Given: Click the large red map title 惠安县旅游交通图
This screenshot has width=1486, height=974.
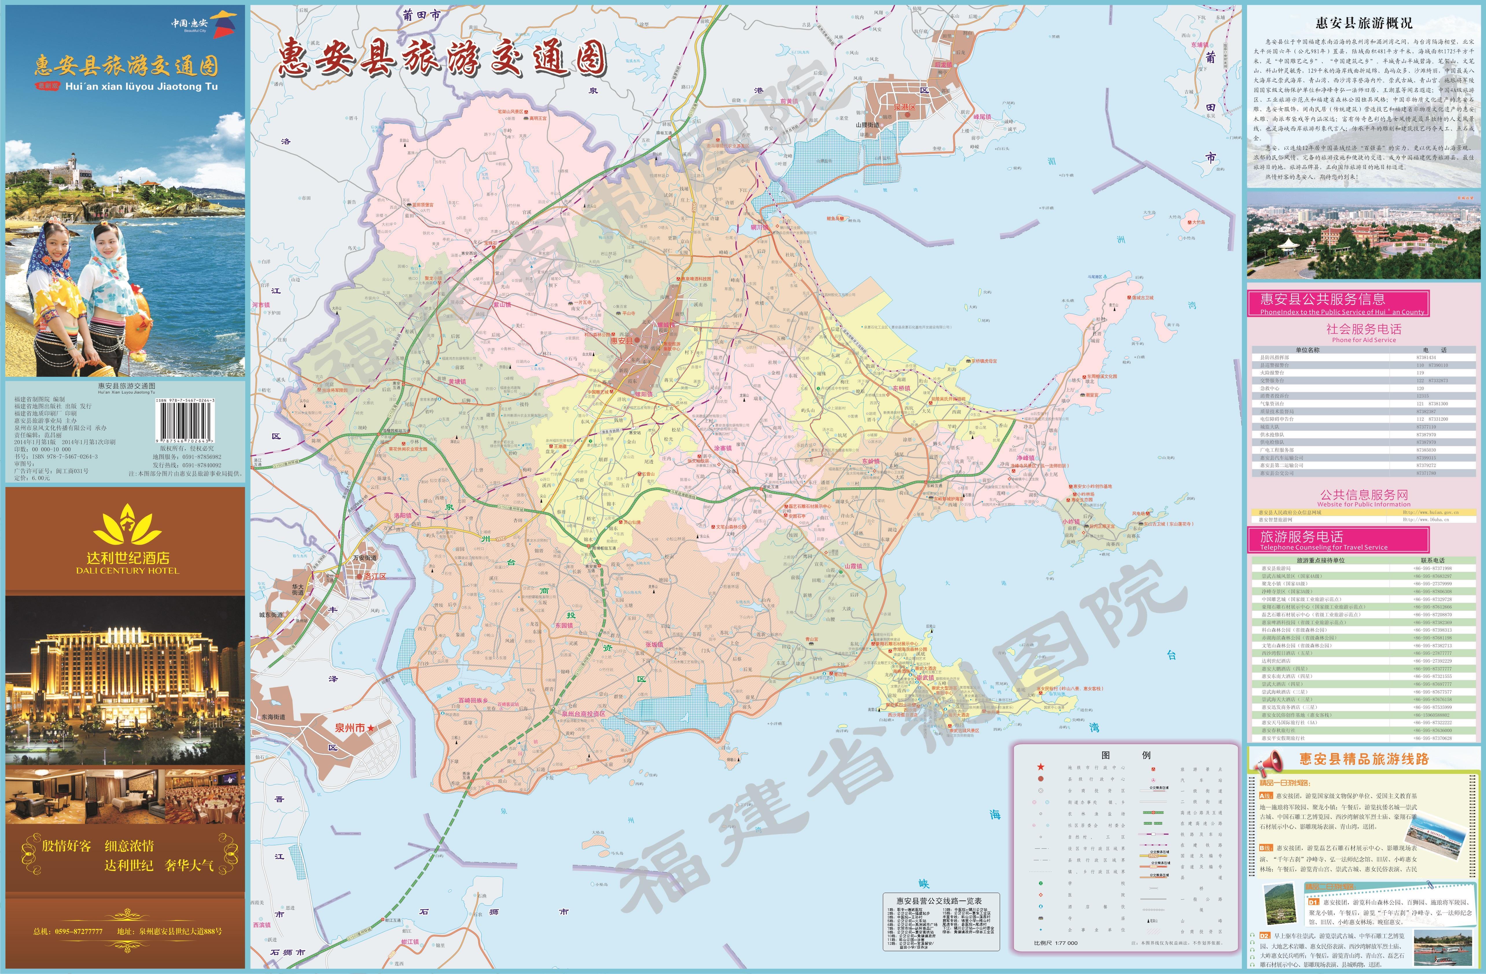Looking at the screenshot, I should tap(442, 59).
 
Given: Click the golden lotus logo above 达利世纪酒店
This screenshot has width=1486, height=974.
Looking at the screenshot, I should tap(127, 525).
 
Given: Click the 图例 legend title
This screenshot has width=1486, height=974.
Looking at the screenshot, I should tap(1126, 755).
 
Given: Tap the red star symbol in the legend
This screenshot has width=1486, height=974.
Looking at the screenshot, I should tap(1040, 767).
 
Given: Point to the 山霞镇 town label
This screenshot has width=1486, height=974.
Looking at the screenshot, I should tap(854, 566).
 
